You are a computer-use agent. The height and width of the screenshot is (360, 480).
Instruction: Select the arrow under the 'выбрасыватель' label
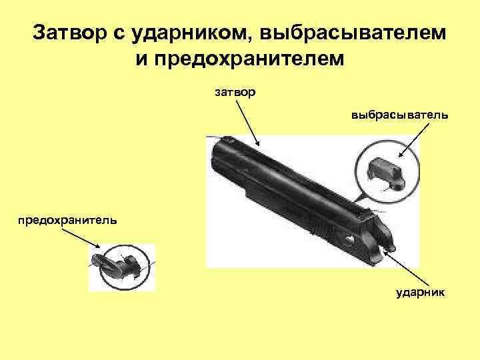[409, 141]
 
